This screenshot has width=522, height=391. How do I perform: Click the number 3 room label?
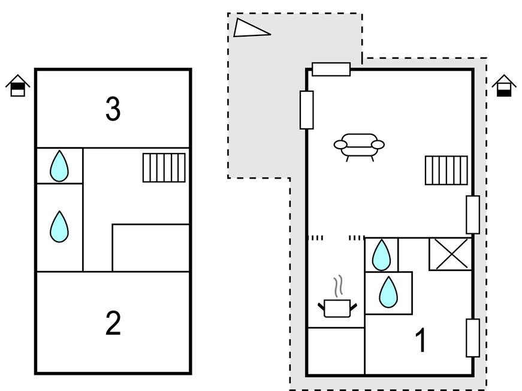pos(113,109)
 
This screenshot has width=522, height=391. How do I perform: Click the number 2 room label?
pos(113,323)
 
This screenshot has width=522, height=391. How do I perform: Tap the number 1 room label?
pos(421,341)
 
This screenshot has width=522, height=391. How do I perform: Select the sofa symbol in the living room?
pos(359,145)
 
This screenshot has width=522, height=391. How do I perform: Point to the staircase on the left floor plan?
pos(164,167)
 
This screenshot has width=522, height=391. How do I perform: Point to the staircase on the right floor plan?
pos(446,170)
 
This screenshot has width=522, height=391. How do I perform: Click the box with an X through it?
pos(451,254)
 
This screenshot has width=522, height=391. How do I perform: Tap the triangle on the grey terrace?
pos(250,28)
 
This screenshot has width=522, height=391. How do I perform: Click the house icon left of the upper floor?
pos(18,86)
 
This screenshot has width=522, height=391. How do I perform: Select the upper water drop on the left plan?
pos(59,166)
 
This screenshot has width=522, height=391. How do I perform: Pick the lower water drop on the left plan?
pos(59,226)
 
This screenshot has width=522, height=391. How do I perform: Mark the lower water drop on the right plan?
pos(389,293)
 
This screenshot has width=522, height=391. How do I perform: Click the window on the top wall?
pos(331,70)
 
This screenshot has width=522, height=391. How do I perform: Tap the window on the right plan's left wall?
pos(307,110)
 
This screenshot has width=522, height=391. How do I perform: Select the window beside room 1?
pos(473,338)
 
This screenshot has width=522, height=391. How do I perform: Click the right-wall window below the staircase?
pos(473,214)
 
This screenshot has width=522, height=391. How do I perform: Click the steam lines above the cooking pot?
pos(339,285)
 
